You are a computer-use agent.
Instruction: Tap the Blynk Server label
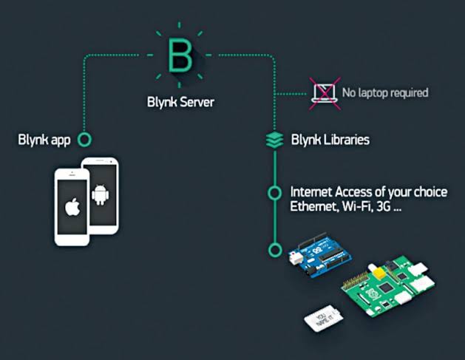tap(180, 102)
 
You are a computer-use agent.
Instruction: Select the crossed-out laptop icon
tap(325, 94)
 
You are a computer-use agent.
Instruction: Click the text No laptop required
tap(385, 92)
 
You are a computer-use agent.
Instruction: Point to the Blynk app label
tap(44, 140)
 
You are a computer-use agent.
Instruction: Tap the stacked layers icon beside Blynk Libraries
tap(274, 140)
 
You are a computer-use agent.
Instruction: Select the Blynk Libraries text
tap(330, 140)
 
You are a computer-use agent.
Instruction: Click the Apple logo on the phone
tap(72, 207)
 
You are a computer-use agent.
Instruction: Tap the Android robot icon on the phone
tap(101, 195)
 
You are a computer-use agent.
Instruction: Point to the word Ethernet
tap(314, 206)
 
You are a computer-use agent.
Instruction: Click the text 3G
tap(384, 206)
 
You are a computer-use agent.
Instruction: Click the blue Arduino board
tap(320, 254)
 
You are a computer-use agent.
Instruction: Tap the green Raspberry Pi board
tap(389, 285)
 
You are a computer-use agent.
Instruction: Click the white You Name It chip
tap(324, 319)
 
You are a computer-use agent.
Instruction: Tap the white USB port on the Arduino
tap(296, 258)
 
